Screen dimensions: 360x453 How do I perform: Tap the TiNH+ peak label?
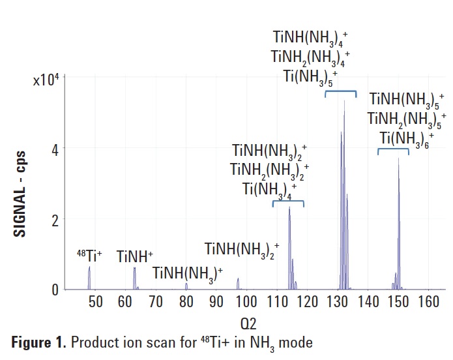click(x=134, y=257)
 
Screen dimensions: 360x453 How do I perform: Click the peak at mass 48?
click(x=89, y=277)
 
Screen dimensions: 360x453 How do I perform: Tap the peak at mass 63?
click(x=134, y=278)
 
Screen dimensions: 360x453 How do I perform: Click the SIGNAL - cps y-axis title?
click(x=20, y=183)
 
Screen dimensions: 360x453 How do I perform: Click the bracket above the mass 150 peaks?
click(x=393, y=150)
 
